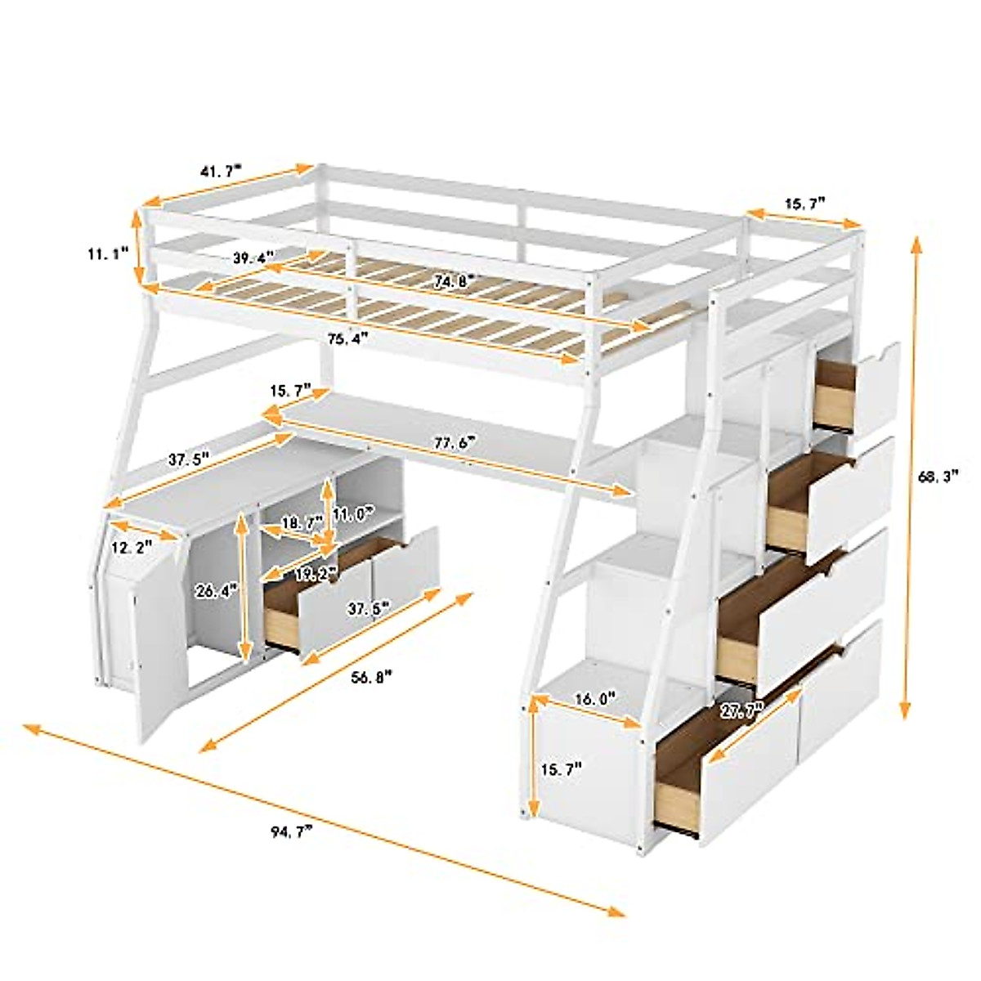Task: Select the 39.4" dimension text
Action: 249,259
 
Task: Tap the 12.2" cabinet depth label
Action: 132,549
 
